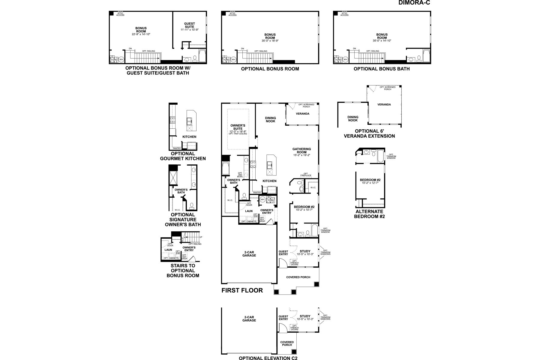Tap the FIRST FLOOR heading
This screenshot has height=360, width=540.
pos(242,290)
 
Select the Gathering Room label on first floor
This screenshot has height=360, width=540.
pos(301,151)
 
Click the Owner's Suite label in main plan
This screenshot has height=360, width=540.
pos(238,127)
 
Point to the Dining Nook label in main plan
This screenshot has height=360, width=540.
pos(270,119)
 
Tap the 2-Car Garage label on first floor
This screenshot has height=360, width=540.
pos(249,253)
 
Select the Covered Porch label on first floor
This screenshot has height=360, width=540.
pos(298,277)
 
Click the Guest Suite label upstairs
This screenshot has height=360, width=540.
pos(189,25)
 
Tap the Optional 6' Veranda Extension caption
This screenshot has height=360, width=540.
pos(375,133)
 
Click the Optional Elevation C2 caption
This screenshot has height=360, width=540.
pos(268,358)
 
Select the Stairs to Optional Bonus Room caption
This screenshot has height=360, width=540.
pos(183,270)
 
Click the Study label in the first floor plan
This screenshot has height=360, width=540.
pos(305,251)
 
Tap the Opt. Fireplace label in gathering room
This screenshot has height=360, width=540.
pos(306,174)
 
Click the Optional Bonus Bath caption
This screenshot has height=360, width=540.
pos(382,69)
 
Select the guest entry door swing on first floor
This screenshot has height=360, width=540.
pos(282,264)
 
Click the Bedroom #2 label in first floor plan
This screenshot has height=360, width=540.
pos(304,207)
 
